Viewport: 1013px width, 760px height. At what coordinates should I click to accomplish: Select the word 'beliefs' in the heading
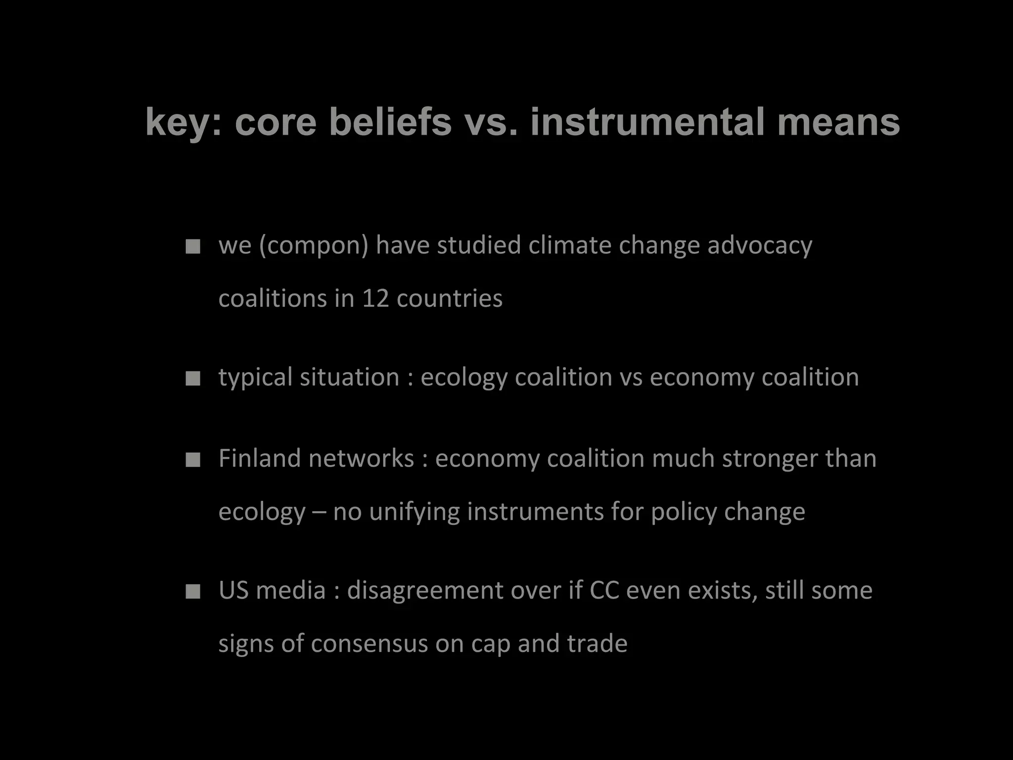coord(390,122)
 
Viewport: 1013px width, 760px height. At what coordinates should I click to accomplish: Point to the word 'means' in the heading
coord(838,122)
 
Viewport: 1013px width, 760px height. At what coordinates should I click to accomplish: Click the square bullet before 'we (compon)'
coord(193,246)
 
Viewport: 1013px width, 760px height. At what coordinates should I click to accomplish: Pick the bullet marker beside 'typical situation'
coord(193,379)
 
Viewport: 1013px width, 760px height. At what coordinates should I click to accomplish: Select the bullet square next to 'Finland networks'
coord(193,460)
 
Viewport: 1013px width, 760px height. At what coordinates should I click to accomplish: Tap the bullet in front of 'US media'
coord(193,592)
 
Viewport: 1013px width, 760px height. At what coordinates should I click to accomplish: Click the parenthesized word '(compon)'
coord(314,245)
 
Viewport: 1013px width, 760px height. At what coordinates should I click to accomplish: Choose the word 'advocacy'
coord(760,245)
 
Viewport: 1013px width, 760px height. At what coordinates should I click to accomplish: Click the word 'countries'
coord(450,298)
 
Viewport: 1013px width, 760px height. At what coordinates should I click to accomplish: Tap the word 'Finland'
coord(260,459)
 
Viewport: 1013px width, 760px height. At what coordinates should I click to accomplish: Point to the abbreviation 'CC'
coord(604,590)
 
